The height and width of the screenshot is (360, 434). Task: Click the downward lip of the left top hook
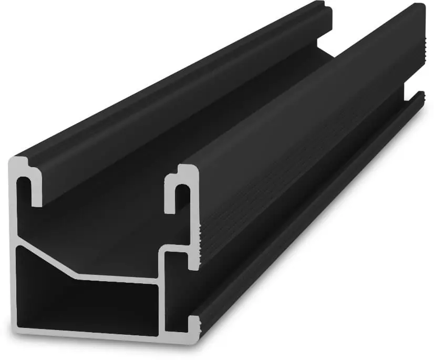click(x=37, y=194)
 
